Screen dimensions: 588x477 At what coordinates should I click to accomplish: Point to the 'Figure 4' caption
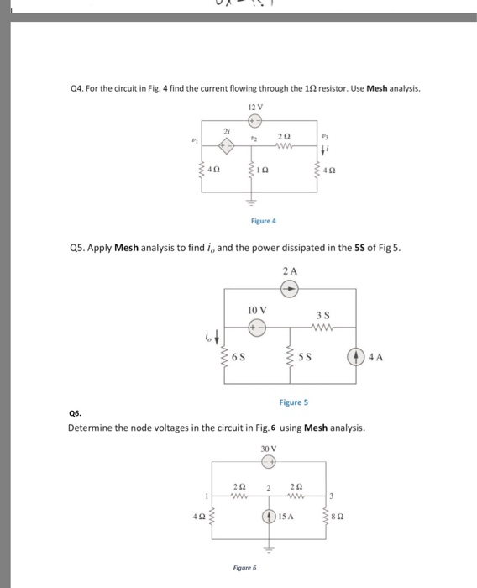[x=263, y=221]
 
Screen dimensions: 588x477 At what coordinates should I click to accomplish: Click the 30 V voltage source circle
[x=267, y=459]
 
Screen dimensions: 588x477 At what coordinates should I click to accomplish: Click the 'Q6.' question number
[x=76, y=413]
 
